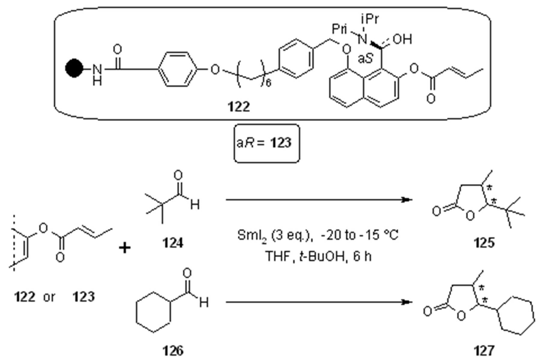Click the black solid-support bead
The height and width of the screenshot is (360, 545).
tap(74, 68)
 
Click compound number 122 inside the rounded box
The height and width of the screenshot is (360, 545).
tap(239, 107)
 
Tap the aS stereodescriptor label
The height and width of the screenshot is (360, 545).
tap(366, 59)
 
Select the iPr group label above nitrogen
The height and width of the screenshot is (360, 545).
tap(370, 19)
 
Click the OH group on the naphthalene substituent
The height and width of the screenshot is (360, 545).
tap(402, 39)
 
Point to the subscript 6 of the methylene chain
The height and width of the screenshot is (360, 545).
tap(268, 83)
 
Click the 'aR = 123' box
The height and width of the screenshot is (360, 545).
tap(266, 143)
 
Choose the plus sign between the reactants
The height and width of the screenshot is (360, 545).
tap(125, 248)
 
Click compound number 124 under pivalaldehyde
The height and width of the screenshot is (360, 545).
tap(173, 243)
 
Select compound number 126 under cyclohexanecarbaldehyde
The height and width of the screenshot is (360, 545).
tap(173, 350)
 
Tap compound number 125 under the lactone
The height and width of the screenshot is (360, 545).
tap(484, 243)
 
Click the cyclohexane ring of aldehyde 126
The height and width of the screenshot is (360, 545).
tap(153, 312)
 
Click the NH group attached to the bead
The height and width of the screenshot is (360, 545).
tap(97, 74)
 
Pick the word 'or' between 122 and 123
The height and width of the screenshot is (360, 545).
tap(49, 297)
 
